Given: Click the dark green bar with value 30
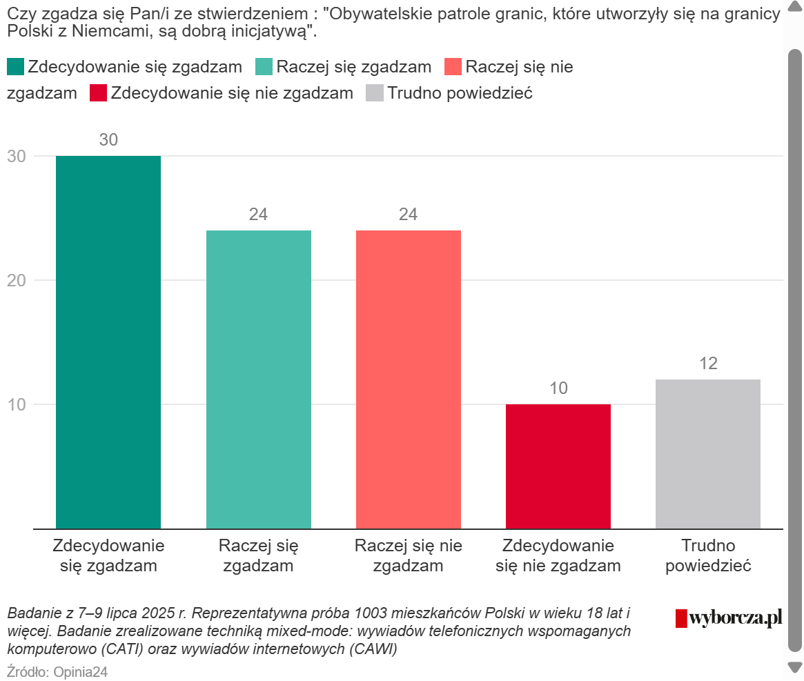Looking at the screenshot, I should (x=108, y=342).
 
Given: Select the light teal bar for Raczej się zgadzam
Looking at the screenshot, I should (x=259, y=379).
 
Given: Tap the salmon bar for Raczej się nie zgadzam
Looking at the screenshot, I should (x=409, y=379).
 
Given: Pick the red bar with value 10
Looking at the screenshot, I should (x=558, y=466).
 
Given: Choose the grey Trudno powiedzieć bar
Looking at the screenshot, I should (x=708, y=454).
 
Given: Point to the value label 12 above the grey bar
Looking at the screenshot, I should (x=708, y=364).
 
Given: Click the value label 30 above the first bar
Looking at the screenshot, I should (x=108, y=140).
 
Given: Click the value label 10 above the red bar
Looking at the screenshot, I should (x=558, y=388).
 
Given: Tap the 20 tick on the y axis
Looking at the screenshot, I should (x=17, y=280).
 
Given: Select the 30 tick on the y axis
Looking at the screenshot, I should (x=17, y=157).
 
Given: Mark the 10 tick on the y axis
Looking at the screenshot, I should (x=17, y=404).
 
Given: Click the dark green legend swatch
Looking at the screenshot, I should (x=15, y=67).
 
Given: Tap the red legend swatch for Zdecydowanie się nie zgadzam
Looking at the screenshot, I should (x=98, y=93).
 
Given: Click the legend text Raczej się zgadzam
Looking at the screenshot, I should (x=353, y=67).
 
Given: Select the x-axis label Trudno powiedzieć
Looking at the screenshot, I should (x=708, y=556).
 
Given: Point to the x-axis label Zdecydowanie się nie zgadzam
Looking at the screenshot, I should (x=558, y=556).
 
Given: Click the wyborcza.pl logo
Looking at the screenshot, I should (x=729, y=618).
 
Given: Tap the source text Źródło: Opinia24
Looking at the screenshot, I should (x=57, y=672).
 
